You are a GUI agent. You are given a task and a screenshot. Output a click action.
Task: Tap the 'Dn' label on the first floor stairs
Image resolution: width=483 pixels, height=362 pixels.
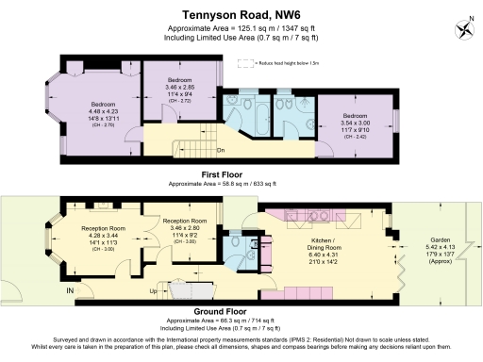click(x=221, y=151)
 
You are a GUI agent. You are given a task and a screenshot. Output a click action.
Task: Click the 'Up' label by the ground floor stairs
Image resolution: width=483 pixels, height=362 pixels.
click(x=155, y=292)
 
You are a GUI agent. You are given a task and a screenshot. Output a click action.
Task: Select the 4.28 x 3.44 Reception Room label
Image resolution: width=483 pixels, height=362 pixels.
click(x=104, y=238)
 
